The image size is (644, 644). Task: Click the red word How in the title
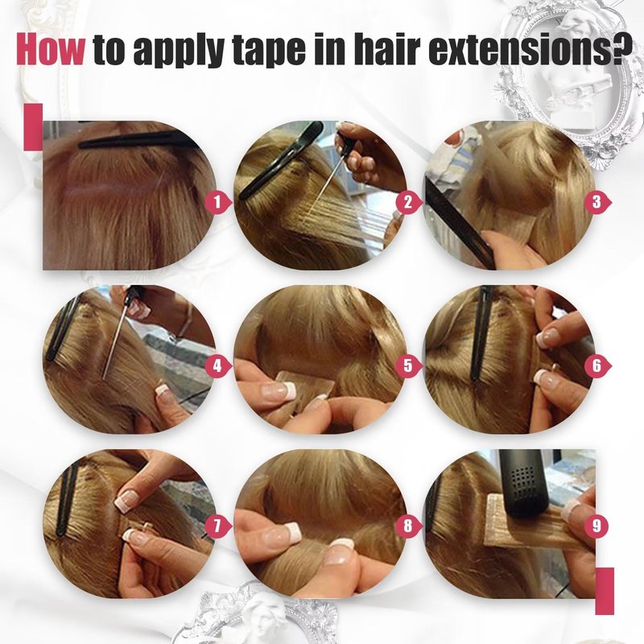[50, 49]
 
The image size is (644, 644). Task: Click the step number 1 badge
[217, 202]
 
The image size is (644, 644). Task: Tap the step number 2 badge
[408, 202]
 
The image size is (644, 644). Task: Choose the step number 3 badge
[598, 202]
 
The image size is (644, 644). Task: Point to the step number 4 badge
[217, 365]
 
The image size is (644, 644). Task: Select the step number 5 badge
[408, 365]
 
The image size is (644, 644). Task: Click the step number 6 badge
[598, 365]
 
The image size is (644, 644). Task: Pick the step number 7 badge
[217, 526]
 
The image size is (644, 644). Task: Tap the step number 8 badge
[408, 526]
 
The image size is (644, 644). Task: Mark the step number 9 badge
[598, 526]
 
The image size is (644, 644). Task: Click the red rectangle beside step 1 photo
[33, 126]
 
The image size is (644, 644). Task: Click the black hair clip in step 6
[481, 332]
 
